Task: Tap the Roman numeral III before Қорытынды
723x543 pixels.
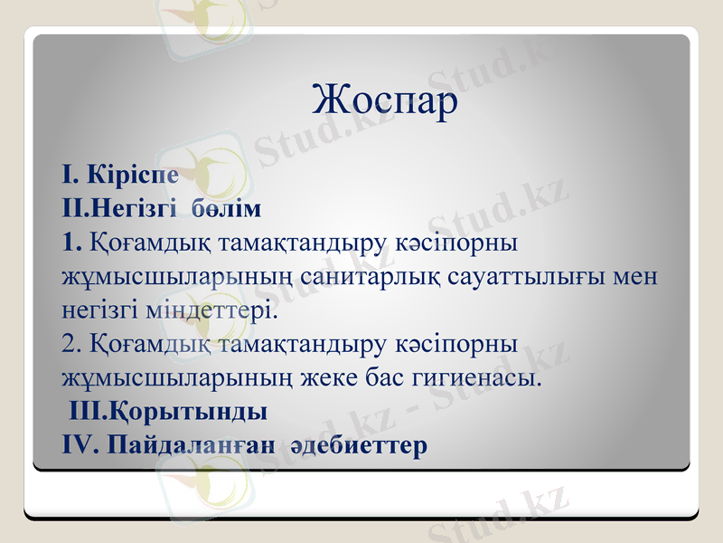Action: [x=89, y=412]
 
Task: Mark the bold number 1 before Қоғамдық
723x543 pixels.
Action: [x=71, y=243]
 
